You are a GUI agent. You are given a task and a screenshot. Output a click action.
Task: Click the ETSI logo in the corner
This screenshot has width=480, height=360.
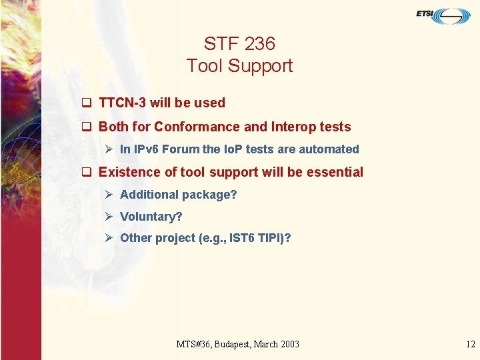(x=443, y=15)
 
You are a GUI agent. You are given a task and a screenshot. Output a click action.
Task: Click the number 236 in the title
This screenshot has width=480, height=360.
(x=259, y=44)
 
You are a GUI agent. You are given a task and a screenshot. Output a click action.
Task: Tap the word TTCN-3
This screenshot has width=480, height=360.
(x=123, y=103)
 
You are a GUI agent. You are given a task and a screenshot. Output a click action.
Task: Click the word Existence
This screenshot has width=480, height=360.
(x=125, y=172)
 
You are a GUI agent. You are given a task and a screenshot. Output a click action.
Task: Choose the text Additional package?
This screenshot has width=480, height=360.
(x=178, y=195)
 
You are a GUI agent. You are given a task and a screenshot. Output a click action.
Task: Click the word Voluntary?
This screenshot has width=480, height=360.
(x=151, y=217)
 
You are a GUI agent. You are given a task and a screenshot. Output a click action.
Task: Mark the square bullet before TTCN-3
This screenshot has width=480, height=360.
(x=86, y=103)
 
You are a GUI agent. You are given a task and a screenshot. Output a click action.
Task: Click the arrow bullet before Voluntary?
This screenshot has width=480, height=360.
(x=109, y=217)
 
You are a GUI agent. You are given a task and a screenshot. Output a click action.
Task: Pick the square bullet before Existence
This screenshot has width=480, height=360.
(x=86, y=172)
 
